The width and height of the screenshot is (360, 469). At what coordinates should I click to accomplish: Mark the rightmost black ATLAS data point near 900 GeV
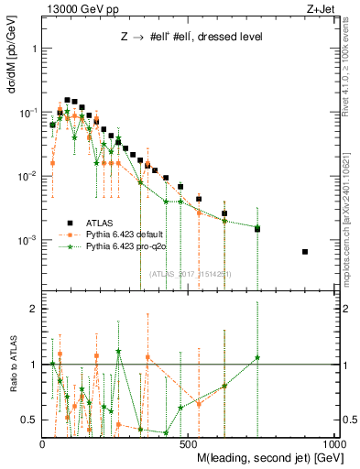[x=305, y=252]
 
